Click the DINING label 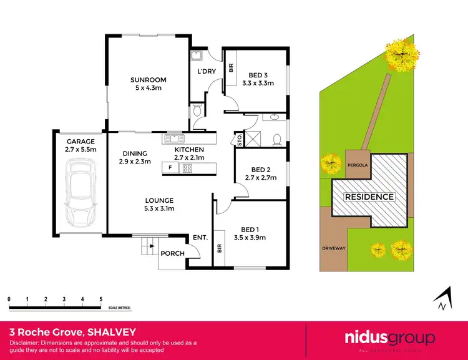pos(135,153)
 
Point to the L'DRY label pos(207,71)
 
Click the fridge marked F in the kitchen pos(169,167)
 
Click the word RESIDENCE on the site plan pos(370,197)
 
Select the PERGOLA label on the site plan pos(358,165)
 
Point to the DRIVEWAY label pos(333,247)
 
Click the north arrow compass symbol pos(442,299)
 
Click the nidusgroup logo pos(390,339)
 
